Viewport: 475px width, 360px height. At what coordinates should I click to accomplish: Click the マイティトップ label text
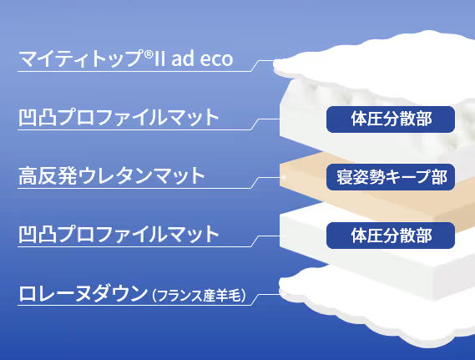pos(81,58)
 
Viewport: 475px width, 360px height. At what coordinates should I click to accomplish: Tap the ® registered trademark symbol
pos(148,54)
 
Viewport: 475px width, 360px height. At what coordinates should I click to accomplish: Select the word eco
pos(216,59)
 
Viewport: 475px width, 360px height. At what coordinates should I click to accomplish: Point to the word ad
pos(183,58)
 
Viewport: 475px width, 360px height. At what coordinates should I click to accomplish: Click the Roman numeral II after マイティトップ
pos(159,58)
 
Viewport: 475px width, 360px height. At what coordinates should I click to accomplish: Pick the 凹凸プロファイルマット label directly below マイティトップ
pos(119,117)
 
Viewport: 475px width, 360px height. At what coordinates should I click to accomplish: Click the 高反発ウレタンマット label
pos(112,175)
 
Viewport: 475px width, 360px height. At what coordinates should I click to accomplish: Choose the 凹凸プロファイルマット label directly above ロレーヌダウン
pos(119,234)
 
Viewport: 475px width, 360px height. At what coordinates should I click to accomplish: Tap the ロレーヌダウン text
pos(83,293)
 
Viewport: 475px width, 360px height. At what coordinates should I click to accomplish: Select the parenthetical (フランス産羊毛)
pos(199,295)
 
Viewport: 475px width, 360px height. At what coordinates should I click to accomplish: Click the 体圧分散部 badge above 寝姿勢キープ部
pos(391,119)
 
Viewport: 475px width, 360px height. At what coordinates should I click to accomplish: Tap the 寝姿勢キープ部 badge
pos(391,177)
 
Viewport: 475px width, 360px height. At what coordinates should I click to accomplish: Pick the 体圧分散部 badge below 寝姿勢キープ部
pos(391,236)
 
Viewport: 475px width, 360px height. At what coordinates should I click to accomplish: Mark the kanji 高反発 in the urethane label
pos(48,175)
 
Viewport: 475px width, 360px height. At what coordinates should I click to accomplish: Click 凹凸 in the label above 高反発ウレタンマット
pos(38,117)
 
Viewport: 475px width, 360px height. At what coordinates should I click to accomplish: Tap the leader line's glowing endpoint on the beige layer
pos(284,177)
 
